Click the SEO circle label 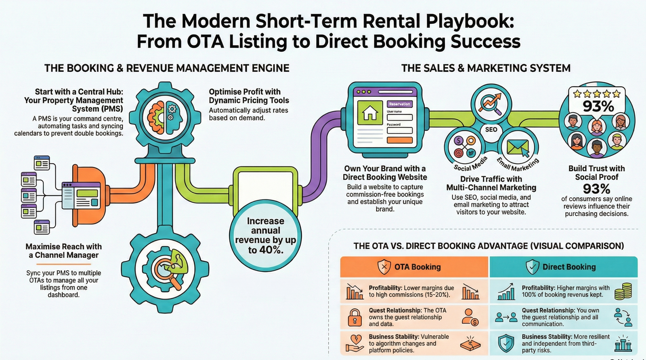(x=491, y=130)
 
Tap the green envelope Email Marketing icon (x=518, y=147)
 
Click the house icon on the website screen (x=370, y=112)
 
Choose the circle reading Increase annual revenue (x=265, y=236)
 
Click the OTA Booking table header (x=414, y=267)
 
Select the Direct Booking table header (x=564, y=267)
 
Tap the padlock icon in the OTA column (x=355, y=317)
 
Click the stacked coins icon (x=623, y=291)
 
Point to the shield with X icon (x=384, y=267)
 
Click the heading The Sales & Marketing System (x=486, y=68)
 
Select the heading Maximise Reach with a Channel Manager (x=64, y=251)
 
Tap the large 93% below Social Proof (x=596, y=188)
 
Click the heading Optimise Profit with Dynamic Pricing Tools (x=249, y=96)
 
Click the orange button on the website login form (x=399, y=140)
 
